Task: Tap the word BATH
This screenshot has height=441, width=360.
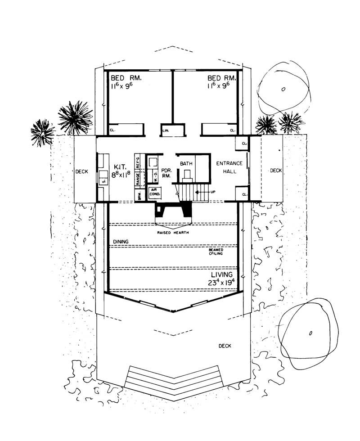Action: point(186,164)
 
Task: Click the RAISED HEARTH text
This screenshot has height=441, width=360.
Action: point(172,233)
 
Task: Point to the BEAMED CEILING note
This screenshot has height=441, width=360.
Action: point(216,252)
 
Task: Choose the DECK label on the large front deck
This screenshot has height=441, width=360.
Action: point(225,346)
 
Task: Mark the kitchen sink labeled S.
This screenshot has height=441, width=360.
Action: point(103,181)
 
